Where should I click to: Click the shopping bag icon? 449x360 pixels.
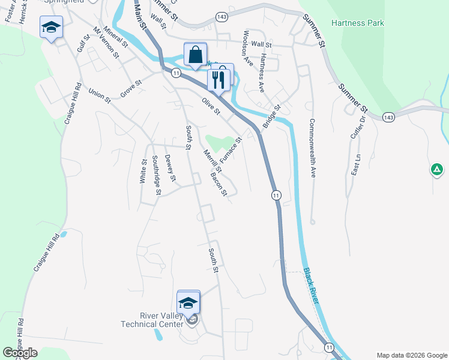195,55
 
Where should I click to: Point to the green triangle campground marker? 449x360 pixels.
437,170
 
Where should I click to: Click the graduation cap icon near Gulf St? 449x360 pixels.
51,27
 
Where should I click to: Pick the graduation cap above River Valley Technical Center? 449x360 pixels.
188,302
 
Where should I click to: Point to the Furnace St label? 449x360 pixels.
231,150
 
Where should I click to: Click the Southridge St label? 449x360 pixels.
156,175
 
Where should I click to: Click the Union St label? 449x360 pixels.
100,95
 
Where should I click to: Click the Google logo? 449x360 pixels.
20,353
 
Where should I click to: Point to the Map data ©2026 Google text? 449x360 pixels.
411,355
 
